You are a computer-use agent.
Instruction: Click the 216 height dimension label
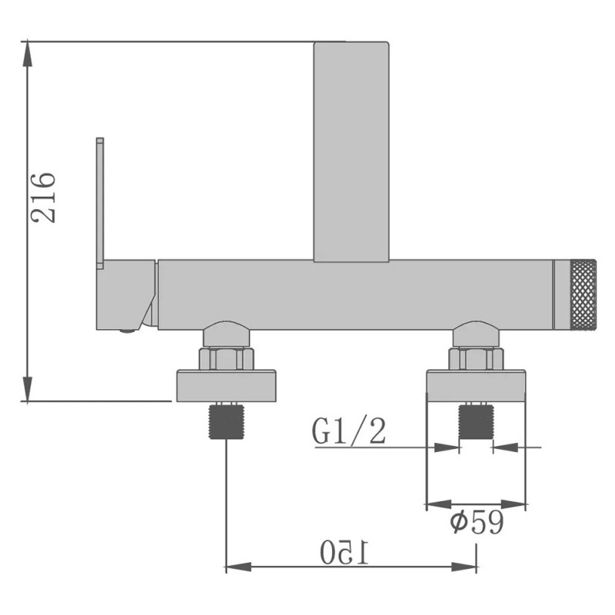tap(43, 198)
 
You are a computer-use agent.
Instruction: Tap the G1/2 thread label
tap(349, 433)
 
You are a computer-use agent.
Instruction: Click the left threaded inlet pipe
tap(225, 421)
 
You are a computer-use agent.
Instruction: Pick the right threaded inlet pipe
tap(476, 421)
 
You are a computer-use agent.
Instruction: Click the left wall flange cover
tap(225, 387)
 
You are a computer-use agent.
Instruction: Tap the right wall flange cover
tap(476, 387)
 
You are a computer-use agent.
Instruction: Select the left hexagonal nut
tap(225, 358)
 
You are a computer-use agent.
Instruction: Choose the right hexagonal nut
tap(476, 358)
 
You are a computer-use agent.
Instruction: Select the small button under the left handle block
tap(128, 332)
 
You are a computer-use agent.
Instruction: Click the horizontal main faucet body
tap(354, 295)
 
